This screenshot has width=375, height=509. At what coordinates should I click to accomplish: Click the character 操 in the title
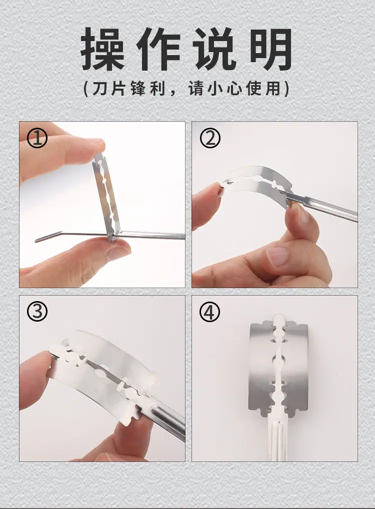tap(102, 49)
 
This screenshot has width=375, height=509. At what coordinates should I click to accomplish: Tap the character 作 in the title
tap(158, 49)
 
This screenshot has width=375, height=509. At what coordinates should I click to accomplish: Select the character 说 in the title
tap(214, 49)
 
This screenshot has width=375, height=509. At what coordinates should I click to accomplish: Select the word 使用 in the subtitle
tap(263, 89)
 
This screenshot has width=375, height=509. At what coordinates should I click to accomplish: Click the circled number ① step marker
tap(37, 138)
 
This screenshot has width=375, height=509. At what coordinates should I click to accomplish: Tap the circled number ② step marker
tap(210, 138)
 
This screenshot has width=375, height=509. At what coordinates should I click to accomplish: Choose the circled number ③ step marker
tap(37, 312)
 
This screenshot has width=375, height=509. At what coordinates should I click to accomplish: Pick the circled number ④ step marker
tap(209, 312)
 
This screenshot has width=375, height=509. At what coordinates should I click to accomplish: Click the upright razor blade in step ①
tap(106, 197)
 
